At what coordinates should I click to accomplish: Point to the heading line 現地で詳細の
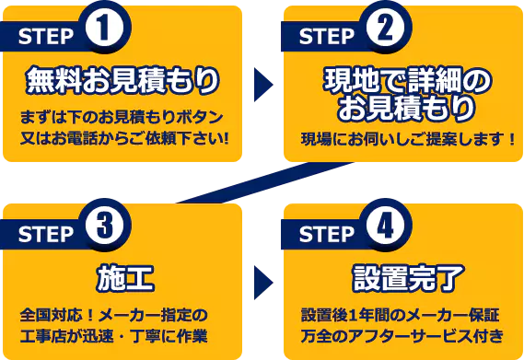point(402,81)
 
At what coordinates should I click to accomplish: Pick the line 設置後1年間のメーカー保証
point(402,313)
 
